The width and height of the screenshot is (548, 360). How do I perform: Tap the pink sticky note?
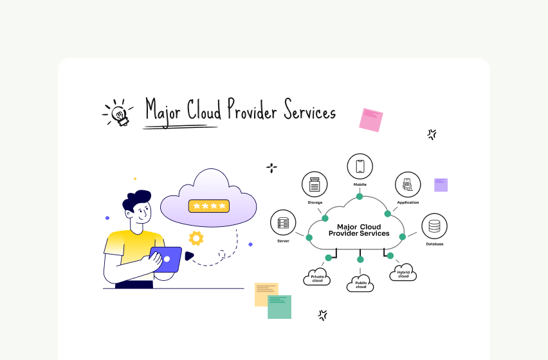pos(370,120)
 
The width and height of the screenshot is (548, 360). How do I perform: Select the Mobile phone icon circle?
pos(360,166)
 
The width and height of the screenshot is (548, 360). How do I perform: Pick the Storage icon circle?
pos(315,184)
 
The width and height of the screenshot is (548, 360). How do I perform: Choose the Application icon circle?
pos(407,184)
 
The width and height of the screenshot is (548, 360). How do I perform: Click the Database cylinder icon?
pos(434,226)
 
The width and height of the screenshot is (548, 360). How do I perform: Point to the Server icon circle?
pos(283,222)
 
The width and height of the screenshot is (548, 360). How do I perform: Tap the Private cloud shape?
pos(316,278)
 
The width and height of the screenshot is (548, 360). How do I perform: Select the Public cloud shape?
pos(360,283)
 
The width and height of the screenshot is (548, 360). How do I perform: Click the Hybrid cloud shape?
pos(403,273)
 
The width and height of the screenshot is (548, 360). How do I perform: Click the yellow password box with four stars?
pos(208,206)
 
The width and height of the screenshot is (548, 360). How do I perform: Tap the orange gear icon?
pos(196,238)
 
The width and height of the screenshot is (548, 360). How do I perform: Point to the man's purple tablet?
pos(165,258)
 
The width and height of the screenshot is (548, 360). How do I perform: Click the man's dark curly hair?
pos(136,202)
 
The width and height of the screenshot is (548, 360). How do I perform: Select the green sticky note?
pos(279,307)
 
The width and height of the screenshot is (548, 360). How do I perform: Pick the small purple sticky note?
pos(441,185)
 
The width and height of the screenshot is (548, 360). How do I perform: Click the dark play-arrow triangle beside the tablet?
pos(189,256)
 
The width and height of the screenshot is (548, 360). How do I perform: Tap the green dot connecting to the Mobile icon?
pos(360,196)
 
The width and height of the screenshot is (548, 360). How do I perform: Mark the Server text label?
pos(283,241)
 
